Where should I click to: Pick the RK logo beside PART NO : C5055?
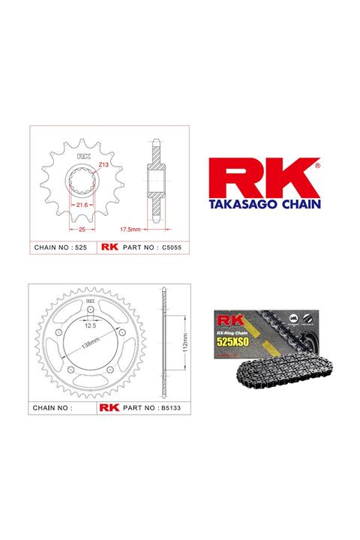(109, 247)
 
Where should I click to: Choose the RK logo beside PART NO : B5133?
(109, 409)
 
